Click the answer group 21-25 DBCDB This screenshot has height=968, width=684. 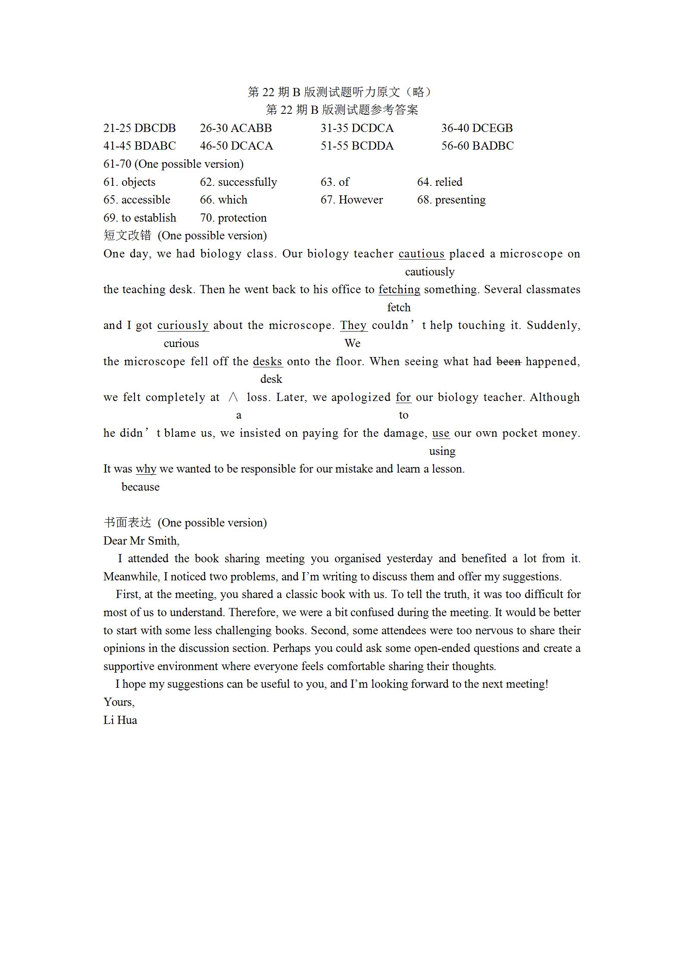click(140, 128)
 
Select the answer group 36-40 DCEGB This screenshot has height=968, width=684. click(477, 128)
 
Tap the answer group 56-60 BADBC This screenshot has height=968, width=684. click(477, 146)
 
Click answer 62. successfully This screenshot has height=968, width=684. click(238, 182)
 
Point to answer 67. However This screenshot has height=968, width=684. click(351, 200)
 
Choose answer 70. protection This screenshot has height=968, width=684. click(233, 218)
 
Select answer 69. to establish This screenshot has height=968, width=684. click(140, 218)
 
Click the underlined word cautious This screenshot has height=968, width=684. click(421, 254)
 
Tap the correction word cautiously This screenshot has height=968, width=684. click(430, 272)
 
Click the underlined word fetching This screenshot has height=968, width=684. click(399, 289)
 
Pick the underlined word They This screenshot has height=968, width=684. click(353, 325)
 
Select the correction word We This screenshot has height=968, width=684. click(352, 343)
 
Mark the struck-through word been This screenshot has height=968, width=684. click(509, 361)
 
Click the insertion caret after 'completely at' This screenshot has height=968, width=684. click(233, 397)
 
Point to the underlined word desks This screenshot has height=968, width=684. click(268, 361)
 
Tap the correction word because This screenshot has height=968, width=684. click(141, 487)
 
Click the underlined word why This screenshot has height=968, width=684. click(146, 469)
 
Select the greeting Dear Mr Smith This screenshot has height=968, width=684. click(141, 541)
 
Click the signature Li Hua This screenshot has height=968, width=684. click(120, 720)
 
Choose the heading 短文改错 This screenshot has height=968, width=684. click(128, 235)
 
